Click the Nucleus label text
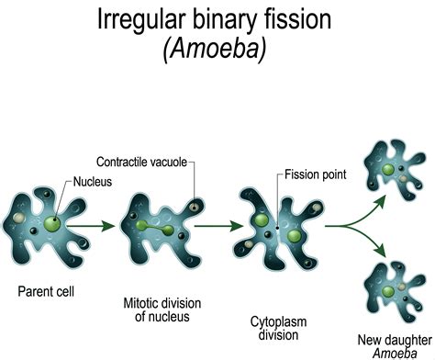[x=94, y=182]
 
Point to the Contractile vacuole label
[x=145, y=162]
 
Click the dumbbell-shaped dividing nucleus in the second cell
[x=159, y=224]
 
